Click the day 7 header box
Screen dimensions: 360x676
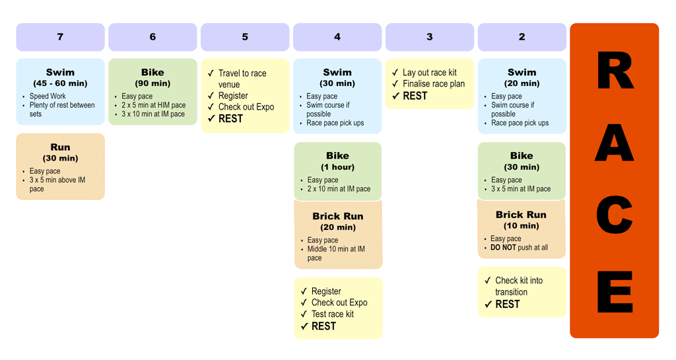point(60,37)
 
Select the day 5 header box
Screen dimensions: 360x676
point(245,37)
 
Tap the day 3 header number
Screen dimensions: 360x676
point(429,37)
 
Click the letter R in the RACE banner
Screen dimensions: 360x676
point(614,71)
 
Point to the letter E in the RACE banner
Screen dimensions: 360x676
point(614,292)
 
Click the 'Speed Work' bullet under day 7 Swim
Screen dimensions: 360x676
point(48,96)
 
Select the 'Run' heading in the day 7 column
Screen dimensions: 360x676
point(60,147)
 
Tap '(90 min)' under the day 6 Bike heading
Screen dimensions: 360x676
point(152,84)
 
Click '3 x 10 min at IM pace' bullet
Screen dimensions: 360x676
point(153,114)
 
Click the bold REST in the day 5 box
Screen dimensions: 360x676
point(230,119)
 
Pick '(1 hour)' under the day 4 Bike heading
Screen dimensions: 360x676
point(337,167)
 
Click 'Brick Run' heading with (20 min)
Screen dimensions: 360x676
point(337,216)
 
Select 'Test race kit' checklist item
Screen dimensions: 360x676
point(332,314)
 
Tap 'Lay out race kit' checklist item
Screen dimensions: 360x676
point(429,73)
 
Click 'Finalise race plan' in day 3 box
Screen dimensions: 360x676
point(433,84)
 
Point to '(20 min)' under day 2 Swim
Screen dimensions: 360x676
point(522,84)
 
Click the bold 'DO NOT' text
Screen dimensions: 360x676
point(504,248)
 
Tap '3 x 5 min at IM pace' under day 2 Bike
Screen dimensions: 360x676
point(520,189)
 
